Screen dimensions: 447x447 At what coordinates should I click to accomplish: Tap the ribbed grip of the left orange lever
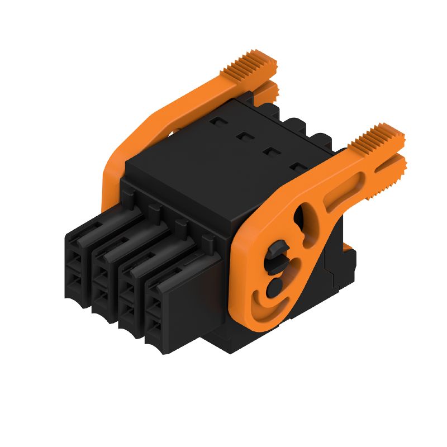point(250,65)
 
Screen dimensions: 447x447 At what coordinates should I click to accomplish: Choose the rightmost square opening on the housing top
point(297,165)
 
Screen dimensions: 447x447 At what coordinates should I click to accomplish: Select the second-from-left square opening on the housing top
point(244,135)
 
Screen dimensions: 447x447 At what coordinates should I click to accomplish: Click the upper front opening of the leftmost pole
point(73,260)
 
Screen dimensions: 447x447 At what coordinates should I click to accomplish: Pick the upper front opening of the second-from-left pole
point(99,275)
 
